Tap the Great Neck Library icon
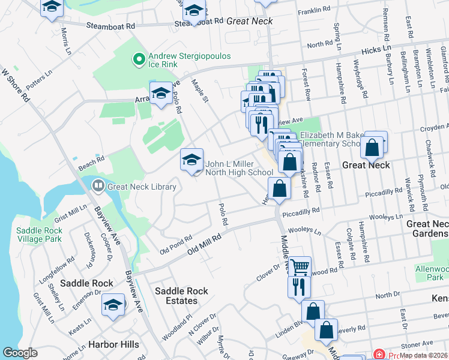97,187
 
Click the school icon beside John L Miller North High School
191,160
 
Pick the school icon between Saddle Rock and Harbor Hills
113,305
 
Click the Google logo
20,353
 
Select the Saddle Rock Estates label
181,296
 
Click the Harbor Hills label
113,344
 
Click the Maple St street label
200,89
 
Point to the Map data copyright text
424,355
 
